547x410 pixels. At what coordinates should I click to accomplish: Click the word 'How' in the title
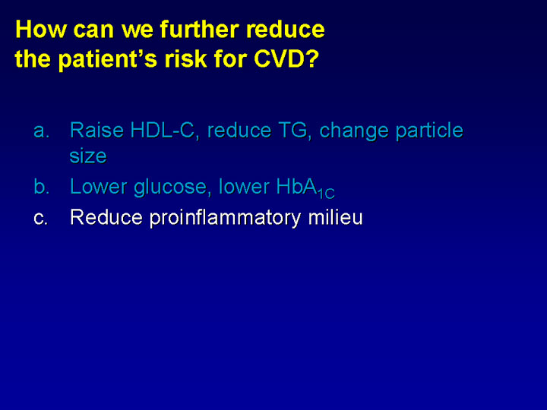(40, 29)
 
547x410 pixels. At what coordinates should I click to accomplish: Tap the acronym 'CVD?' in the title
(286, 58)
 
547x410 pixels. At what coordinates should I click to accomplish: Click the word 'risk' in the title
(186, 58)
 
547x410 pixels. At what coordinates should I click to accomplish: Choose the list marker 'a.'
(41, 131)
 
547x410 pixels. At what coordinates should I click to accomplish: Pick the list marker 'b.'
(41, 186)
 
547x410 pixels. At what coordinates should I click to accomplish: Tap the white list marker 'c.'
(40, 218)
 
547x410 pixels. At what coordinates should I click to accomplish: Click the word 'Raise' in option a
(96, 130)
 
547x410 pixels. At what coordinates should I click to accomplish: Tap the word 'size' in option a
(88, 156)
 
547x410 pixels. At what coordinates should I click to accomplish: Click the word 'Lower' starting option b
(98, 187)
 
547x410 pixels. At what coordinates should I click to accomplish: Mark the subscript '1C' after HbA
(326, 194)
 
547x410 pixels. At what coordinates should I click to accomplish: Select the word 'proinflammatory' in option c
(225, 219)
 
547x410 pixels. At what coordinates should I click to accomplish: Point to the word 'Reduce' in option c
(106, 217)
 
